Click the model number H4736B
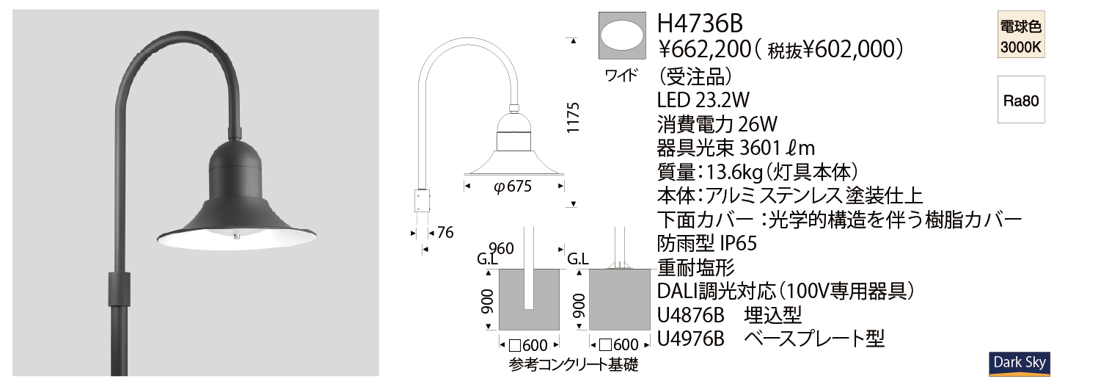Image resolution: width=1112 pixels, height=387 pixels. coord(700,23)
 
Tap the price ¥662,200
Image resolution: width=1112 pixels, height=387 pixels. coord(704,49)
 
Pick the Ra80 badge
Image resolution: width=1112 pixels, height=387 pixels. coord(1021,100)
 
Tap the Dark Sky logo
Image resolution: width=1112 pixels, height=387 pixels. coord(1020,364)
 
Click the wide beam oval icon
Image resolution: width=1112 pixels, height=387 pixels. coord(622,35)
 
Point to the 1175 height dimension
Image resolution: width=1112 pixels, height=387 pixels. coord(573,117)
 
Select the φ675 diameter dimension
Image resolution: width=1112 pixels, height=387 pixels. coord(513,187)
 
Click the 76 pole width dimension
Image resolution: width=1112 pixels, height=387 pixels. coord(445,232)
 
